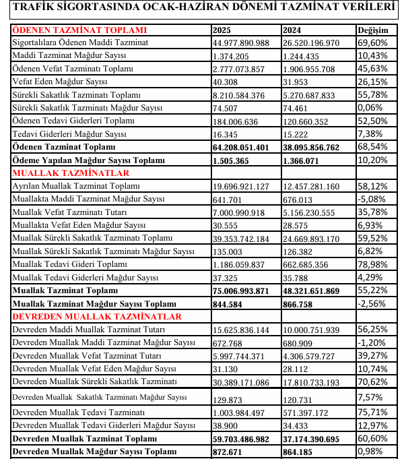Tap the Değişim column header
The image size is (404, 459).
373,30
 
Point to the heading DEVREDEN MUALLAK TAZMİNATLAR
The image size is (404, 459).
97,316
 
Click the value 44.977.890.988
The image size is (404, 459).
240,43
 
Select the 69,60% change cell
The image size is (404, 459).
372,43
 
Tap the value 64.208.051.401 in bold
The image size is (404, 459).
240,146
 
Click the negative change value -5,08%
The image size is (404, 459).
372,199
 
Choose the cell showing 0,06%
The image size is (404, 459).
370,108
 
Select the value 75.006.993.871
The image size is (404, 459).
240,290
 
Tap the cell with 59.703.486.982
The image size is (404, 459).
240,437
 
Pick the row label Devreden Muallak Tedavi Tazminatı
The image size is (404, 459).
79,412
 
